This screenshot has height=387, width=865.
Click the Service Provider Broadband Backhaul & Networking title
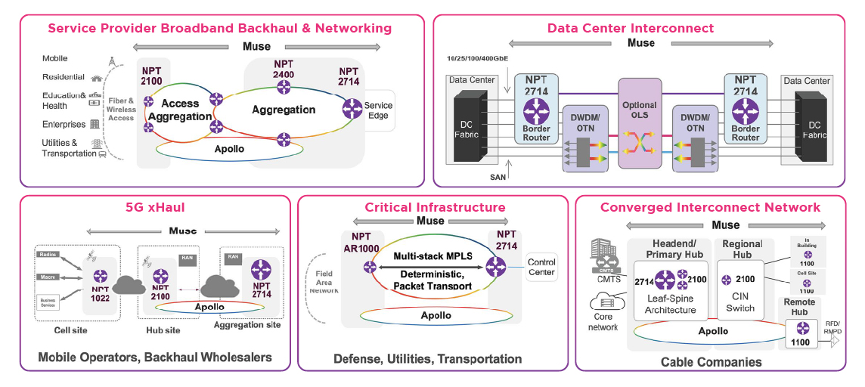point(219,29)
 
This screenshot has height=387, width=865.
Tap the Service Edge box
point(378,111)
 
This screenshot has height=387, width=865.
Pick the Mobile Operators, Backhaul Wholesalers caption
point(155,357)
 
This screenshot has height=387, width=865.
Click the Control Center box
point(541,268)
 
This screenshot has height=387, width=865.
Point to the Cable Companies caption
point(711,362)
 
